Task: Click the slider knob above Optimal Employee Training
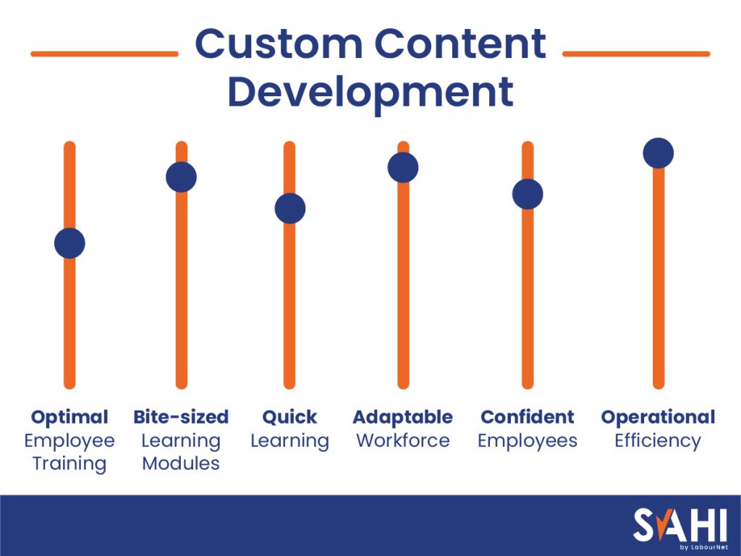pyautogui.click(x=69, y=243)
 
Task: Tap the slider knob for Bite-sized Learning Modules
pyautogui.click(x=181, y=177)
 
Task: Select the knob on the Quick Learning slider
pyautogui.click(x=289, y=208)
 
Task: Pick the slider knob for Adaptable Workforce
pyautogui.click(x=403, y=167)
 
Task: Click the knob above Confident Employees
pyautogui.click(x=528, y=194)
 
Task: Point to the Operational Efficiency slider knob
pyautogui.click(x=659, y=153)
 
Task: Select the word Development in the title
pyautogui.click(x=370, y=92)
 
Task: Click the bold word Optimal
pyautogui.click(x=69, y=417)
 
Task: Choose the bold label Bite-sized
pyautogui.click(x=181, y=417)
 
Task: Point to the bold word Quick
pyautogui.click(x=289, y=417)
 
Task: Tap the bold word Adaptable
pyautogui.click(x=403, y=417)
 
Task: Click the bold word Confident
pyautogui.click(x=528, y=417)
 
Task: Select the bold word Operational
pyautogui.click(x=658, y=417)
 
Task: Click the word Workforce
pyautogui.click(x=403, y=440)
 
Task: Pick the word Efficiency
pyautogui.click(x=658, y=440)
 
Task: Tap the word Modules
pyautogui.click(x=181, y=463)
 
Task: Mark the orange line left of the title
pyautogui.click(x=105, y=54)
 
